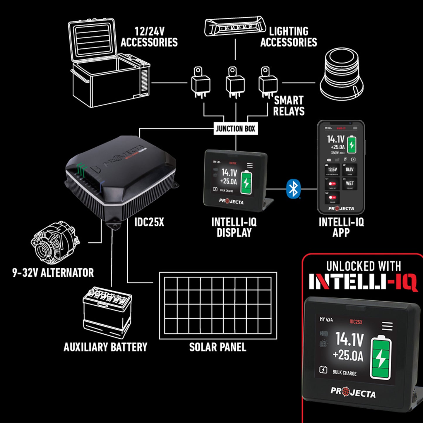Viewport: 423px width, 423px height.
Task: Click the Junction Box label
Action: pos(235,129)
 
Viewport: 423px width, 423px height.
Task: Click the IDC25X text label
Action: pos(149,222)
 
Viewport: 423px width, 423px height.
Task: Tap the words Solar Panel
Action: pos(218,347)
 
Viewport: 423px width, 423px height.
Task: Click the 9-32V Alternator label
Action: pos(53,273)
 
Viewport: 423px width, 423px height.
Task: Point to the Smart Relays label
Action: pos(289,106)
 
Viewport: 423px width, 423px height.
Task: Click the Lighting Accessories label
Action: pos(289,37)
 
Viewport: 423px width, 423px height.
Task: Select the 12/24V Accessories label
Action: pos(149,37)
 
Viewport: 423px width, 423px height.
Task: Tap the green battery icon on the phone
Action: pos(352,144)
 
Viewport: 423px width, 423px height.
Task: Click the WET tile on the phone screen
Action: pos(350,184)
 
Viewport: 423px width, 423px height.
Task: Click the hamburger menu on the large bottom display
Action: pos(387,326)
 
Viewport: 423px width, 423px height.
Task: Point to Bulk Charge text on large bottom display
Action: pos(344,373)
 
